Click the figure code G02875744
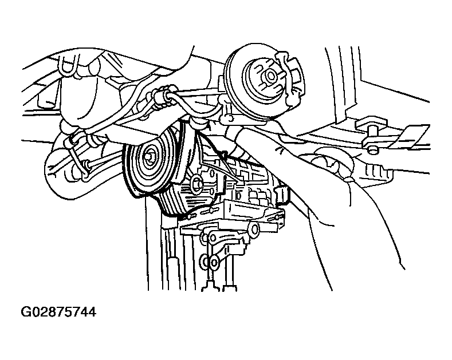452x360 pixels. (x=58, y=312)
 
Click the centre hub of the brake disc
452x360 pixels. (x=270, y=76)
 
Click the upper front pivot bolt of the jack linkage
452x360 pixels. (x=212, y=238)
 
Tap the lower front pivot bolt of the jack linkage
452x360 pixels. (x=213, y=262)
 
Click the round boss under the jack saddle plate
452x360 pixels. (x=254, y=230)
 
